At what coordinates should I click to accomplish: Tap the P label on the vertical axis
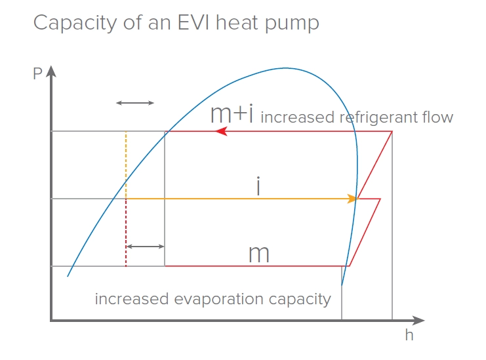[x=37, y=73]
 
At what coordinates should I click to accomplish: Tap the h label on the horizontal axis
[x=409, y=335]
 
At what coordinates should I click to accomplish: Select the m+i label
[x=232, y=114]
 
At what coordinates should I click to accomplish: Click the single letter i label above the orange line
[x=258, y=186]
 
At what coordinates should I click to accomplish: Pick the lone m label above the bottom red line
[x=259, y=253]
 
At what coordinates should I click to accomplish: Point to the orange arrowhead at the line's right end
[x=352, y=198]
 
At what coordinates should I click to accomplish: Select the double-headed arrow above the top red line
[x=134, y=103]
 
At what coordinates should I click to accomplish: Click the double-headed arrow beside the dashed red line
[x=145, y=247]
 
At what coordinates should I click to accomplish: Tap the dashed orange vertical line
[x=125, y=164]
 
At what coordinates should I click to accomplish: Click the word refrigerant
[x=380, y=118]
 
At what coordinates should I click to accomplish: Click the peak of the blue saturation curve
[x=285, y=68]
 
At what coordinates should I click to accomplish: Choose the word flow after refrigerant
[x=439, y=117]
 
